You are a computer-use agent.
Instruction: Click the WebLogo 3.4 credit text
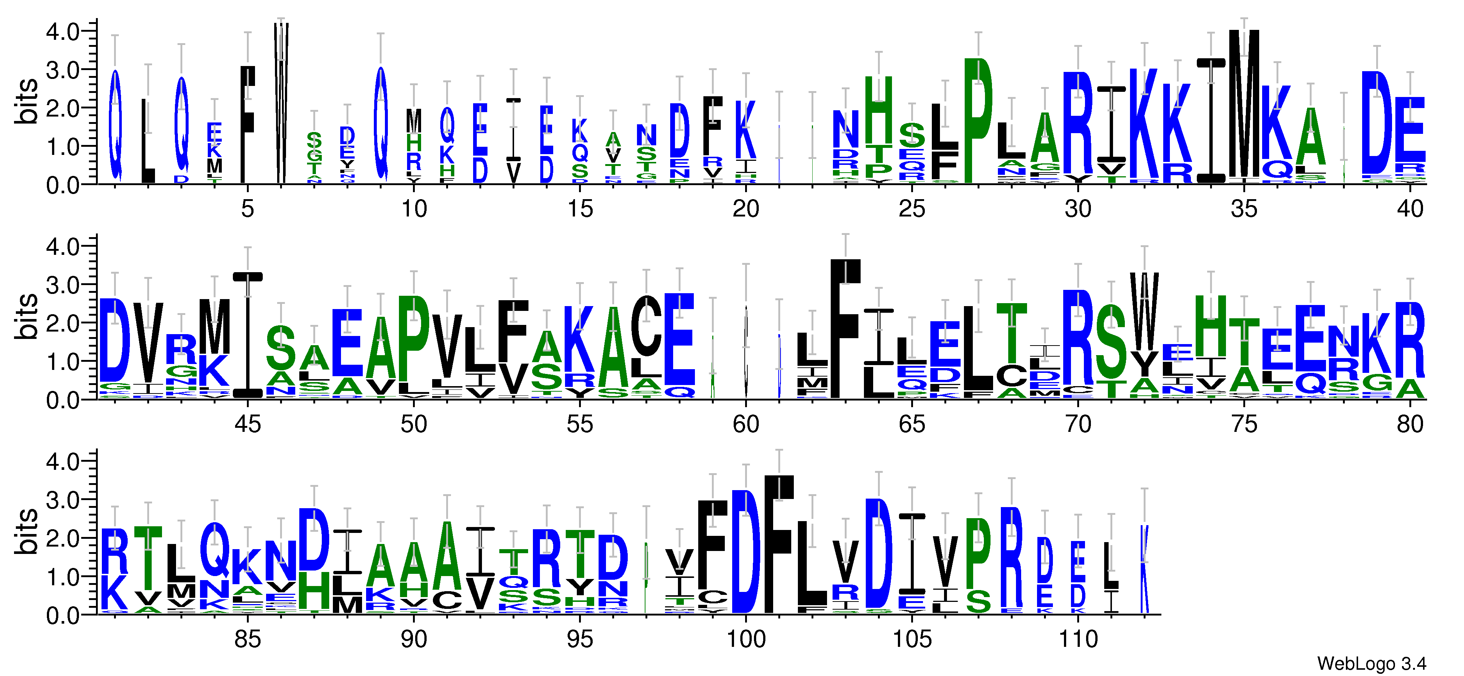point(1371,663)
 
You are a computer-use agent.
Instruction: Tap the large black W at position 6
point(281,102)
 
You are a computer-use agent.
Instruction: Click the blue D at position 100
point(745,551)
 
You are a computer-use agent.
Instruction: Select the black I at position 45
point(248,335)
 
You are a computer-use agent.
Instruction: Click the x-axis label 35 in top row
point(1243,209)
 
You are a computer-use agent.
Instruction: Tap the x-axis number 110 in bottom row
point(1078,639)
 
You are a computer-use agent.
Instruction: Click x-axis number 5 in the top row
point(247,209)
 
